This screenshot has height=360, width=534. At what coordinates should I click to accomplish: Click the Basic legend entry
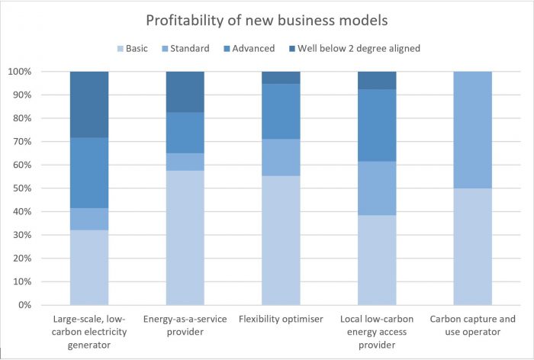137,48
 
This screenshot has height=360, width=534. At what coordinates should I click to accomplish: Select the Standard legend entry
188,48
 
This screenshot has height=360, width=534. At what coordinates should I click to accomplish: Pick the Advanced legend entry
253,48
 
